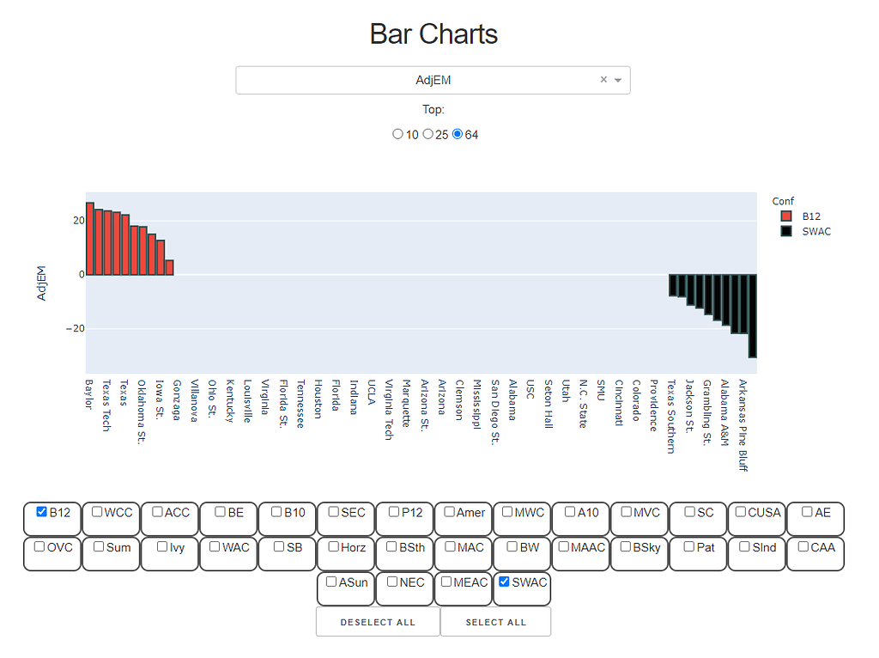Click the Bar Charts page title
click(433, 34)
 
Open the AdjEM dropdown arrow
click(618, 80)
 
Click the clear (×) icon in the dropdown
click(603, 80)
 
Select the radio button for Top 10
click(397, 134)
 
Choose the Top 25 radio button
click(427, 134)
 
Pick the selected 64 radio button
click(458, 134)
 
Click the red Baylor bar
click(90, 239)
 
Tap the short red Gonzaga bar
click(170, 267)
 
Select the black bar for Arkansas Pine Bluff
click(752, 315)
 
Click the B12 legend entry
click(802, 216)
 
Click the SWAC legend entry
click(805, 231)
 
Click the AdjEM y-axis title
click(41, 283)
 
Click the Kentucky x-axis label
click(229, 401)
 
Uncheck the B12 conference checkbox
click(42, 512)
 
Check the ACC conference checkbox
click(158, 512)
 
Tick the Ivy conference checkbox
click(162, 546)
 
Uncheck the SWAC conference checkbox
click(504, 582)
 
